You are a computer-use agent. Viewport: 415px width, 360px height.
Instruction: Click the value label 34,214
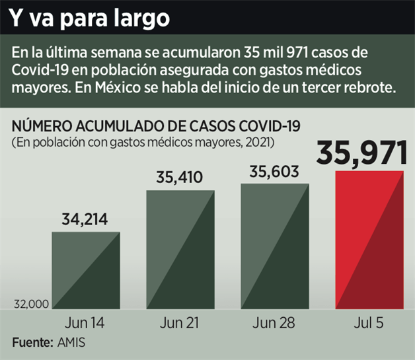tap(85, 220)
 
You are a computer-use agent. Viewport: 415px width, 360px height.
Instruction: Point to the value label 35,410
tap(179, 178)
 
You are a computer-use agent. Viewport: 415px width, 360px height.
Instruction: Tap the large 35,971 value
tap(361, 152)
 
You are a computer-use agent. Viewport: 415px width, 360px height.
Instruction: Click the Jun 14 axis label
tap(85, 324)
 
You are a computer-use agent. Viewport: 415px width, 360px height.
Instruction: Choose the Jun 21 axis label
tap(180, 324)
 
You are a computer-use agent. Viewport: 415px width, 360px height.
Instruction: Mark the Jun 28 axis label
tap(274, 324)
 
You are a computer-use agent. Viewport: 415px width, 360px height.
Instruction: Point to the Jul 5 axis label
tap(369, 324)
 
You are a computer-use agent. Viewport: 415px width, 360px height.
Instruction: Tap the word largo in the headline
tap(139, 18)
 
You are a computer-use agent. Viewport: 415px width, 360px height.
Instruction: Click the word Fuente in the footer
tap(31, 343)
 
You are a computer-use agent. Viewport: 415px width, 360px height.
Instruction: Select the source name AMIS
tap(71, 343)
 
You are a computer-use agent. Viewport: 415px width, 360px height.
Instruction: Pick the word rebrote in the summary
tap(370, 87)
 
